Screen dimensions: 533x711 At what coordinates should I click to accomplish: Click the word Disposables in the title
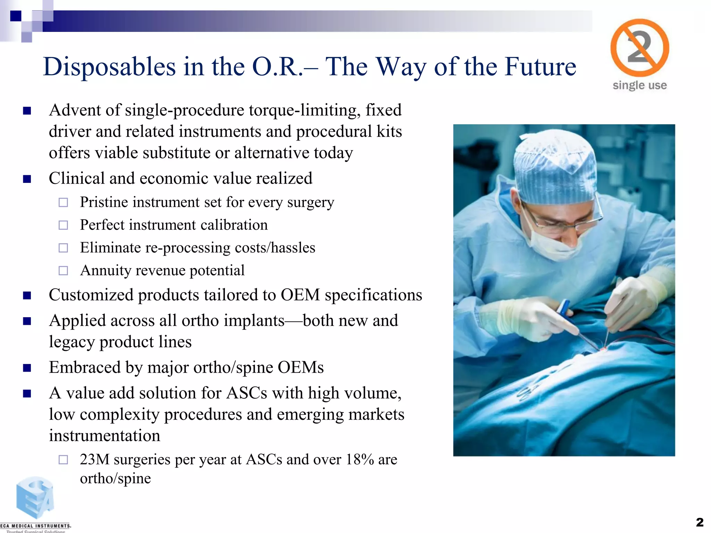pyautogui.click(x=109, y=67)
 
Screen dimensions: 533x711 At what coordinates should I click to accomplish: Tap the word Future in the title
pyautogui.click(x=540, y=67)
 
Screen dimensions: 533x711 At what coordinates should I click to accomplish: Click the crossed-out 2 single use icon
pyautogui.click(x=639, y=48)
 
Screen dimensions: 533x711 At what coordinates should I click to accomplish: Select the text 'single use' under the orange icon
pyautogui.click(x=639, y=85)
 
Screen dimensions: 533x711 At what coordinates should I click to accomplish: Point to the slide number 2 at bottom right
pyautogui.click(x=700, y=522)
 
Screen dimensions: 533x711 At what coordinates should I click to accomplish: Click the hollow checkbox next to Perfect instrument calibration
pyautogui.click(x=63, y=225)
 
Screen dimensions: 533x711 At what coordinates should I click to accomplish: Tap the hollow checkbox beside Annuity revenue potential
pyautogui.click(x=63, y=271)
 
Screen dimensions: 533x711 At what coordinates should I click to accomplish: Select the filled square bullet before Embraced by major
pyautogui.click(x=27, y=368)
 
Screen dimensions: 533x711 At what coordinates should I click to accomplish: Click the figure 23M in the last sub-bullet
pyautogui.click(x=94, y=459)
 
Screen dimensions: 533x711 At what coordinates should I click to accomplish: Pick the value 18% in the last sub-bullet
pyautogui.click(x=359, y=459)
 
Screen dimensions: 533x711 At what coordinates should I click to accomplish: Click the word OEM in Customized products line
pyautogui.click(x=300, y=295)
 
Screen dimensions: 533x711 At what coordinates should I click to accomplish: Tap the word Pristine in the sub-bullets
pyautogui.click(x=104, y=202)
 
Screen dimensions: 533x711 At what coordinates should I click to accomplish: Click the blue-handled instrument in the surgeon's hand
pyautogui.click(x=563, y=309)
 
